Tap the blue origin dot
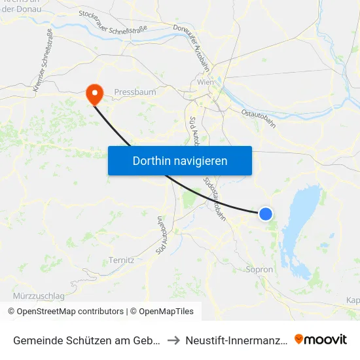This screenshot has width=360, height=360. pos(266,213)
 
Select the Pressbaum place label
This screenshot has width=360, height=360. pos(135,92)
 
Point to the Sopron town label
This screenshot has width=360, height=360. pos(259,269)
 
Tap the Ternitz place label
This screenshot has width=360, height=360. pos(122,260)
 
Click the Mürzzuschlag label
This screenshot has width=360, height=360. pos(39,296)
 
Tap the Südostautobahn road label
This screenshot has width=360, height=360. pos(215,198)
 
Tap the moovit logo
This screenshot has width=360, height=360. pos(321,340)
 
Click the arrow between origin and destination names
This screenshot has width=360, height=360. pos(173,340)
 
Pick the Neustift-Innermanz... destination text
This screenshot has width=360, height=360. pos(236,340)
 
